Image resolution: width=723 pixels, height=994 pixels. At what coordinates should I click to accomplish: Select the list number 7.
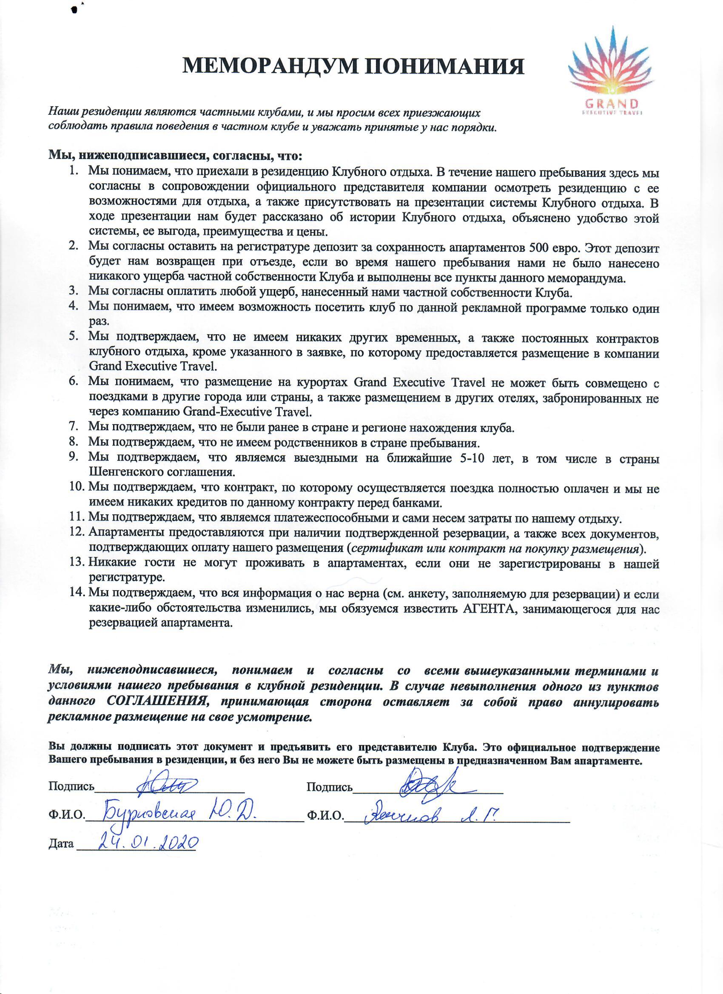[x=73, y=426]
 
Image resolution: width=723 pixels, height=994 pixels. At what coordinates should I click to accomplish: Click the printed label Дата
[x=61, y=843]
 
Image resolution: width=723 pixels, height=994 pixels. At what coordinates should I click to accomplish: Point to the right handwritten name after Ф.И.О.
[x=432, y=813]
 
